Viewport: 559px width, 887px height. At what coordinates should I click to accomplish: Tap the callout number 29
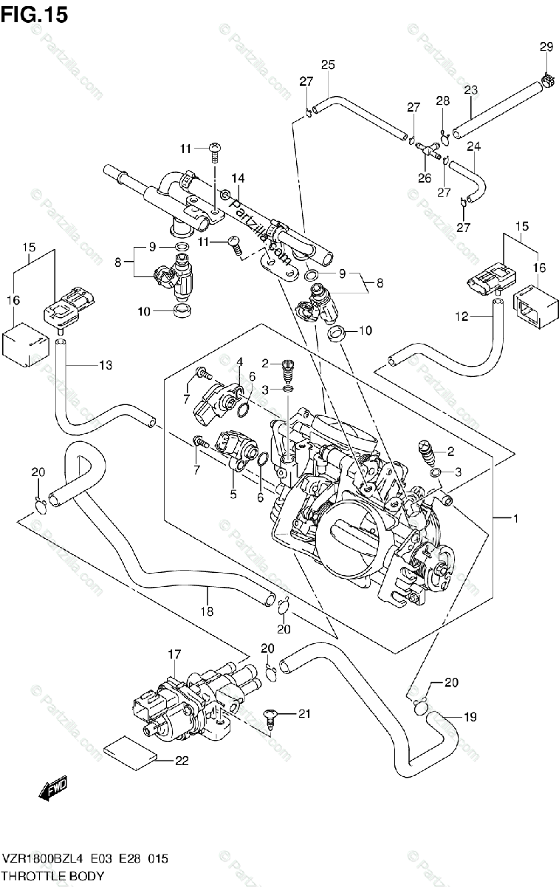(545, 47)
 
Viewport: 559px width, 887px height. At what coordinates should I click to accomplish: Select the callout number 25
(328, 65)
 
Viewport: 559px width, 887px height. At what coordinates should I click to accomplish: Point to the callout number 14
(237, 177)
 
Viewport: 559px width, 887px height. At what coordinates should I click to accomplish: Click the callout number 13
(105, 364)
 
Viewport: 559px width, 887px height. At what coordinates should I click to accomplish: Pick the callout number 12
(462, 317)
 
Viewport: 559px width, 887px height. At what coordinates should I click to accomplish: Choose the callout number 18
(207, 611)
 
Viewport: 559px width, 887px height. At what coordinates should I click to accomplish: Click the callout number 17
(174, 653)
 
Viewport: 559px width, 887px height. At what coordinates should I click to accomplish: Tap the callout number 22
(182, 760)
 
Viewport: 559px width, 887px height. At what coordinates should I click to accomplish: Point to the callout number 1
(515, 519)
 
